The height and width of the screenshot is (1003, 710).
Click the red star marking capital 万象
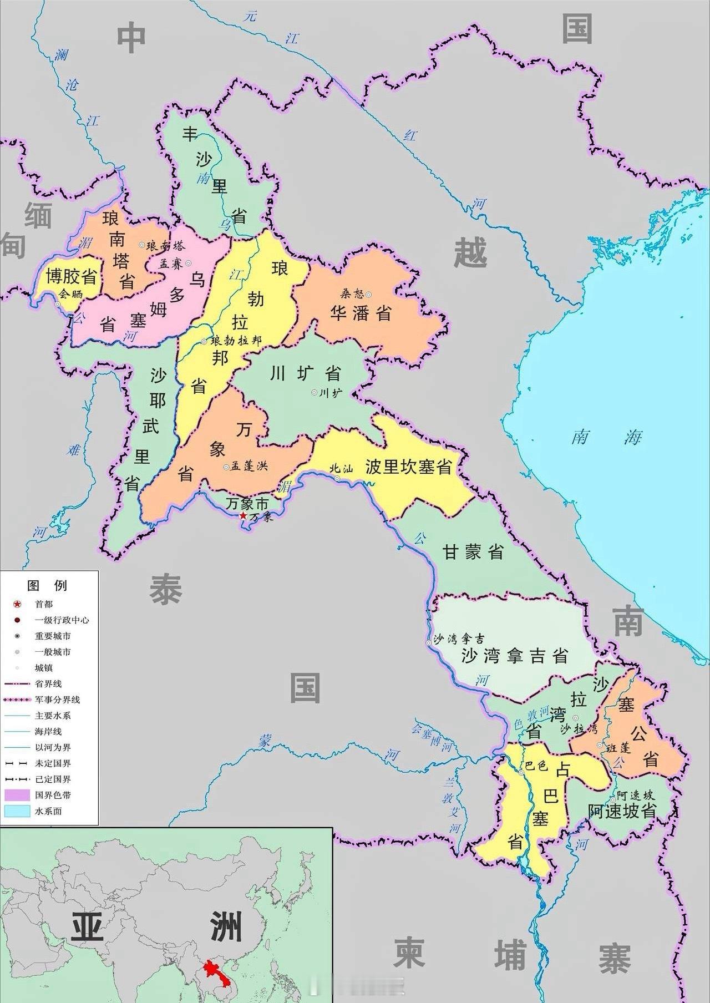click(242, 516)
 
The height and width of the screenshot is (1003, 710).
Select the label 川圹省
click(305, 373)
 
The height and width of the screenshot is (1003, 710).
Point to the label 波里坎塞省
click(409, 467)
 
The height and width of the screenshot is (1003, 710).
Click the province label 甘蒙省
click(473, 552)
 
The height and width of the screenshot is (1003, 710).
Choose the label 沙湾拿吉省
click(515, 656)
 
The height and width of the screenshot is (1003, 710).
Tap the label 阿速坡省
click(622, 811)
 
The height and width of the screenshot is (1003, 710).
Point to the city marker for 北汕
click(337, 478)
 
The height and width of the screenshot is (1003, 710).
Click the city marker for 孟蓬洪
click(226, 467)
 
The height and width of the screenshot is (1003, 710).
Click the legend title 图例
click(47, 585)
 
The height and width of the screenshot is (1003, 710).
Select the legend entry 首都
click(44, 604)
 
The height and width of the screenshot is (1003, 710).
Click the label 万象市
click(247, 504)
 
